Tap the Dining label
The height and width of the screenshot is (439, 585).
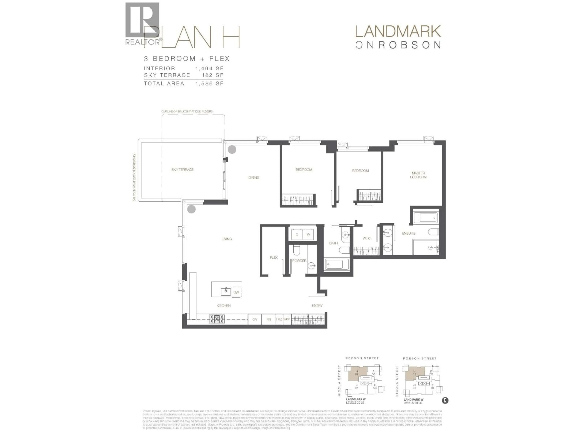254,178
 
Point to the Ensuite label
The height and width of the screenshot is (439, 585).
409,233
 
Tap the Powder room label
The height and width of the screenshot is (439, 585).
299,261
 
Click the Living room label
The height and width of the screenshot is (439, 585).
227,239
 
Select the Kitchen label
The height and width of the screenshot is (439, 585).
223,306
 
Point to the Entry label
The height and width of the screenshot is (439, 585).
317,306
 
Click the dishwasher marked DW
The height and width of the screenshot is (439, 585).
236,292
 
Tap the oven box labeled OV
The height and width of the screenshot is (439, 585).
255,319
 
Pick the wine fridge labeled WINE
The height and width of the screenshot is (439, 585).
287,319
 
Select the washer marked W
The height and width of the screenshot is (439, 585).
308,234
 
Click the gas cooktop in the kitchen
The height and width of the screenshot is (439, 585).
217,319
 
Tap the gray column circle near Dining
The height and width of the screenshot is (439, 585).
232,150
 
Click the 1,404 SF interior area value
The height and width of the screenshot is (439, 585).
209,69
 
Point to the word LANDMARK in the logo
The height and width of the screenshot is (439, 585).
398,32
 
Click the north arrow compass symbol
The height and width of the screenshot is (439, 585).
445,400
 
